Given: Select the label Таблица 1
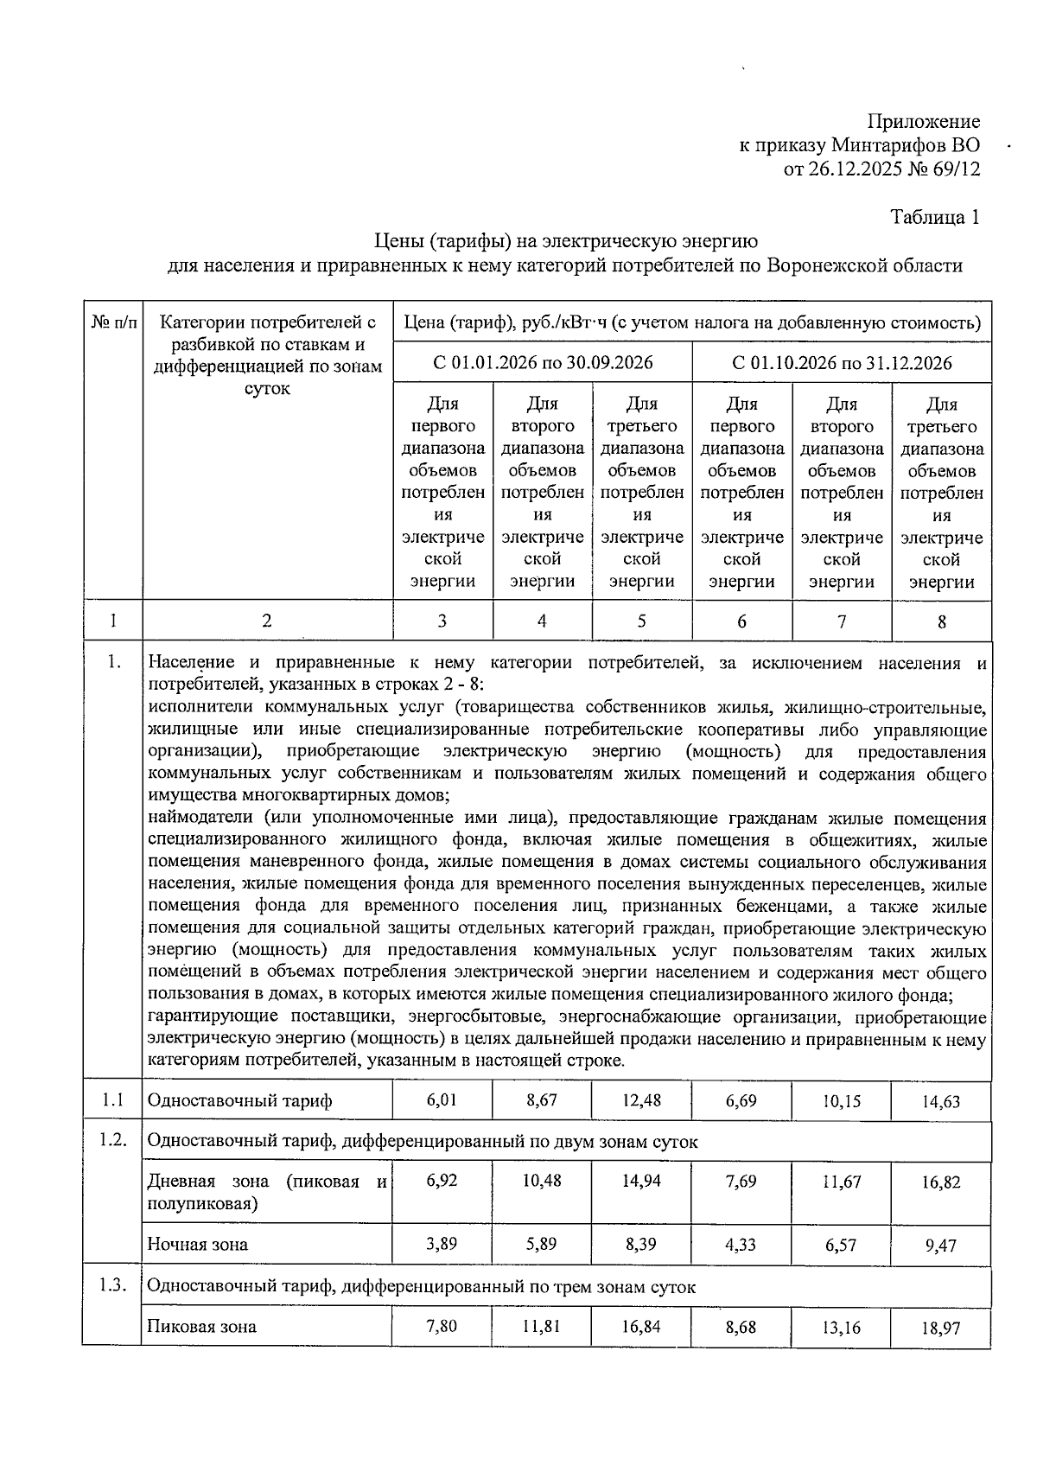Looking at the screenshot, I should [x=935, y=217].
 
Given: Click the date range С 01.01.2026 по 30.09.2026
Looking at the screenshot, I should [x=543, y=362].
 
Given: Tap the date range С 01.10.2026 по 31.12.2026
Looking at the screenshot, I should [x=842, y=362].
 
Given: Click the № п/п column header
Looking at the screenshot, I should [x=113, y=323].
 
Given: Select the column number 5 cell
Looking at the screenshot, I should [x=641, y=621].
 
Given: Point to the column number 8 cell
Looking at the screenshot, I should [x=941, y=621].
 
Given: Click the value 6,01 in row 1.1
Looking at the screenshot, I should [x=442, y=1099].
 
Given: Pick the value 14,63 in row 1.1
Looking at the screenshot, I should [x=940, y=1102].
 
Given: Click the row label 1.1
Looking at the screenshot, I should [x=112, y=1100].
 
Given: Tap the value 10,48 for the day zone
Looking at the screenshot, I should [x=542, y=1181].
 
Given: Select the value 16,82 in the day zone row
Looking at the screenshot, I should [x=940, y=1182].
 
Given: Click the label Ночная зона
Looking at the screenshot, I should [x=197, y=1245].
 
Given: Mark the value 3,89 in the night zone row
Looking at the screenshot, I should [x=442, y=1243].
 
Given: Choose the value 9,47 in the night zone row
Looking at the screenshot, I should [x=940, y=1246].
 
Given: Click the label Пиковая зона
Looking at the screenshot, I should [x=201, y=1327].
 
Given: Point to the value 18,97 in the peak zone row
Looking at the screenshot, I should [x=940, y=1328].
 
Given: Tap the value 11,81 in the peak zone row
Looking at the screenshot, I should [x=542, y=1325].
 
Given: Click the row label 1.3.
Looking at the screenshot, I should [x=112, y=1285].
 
